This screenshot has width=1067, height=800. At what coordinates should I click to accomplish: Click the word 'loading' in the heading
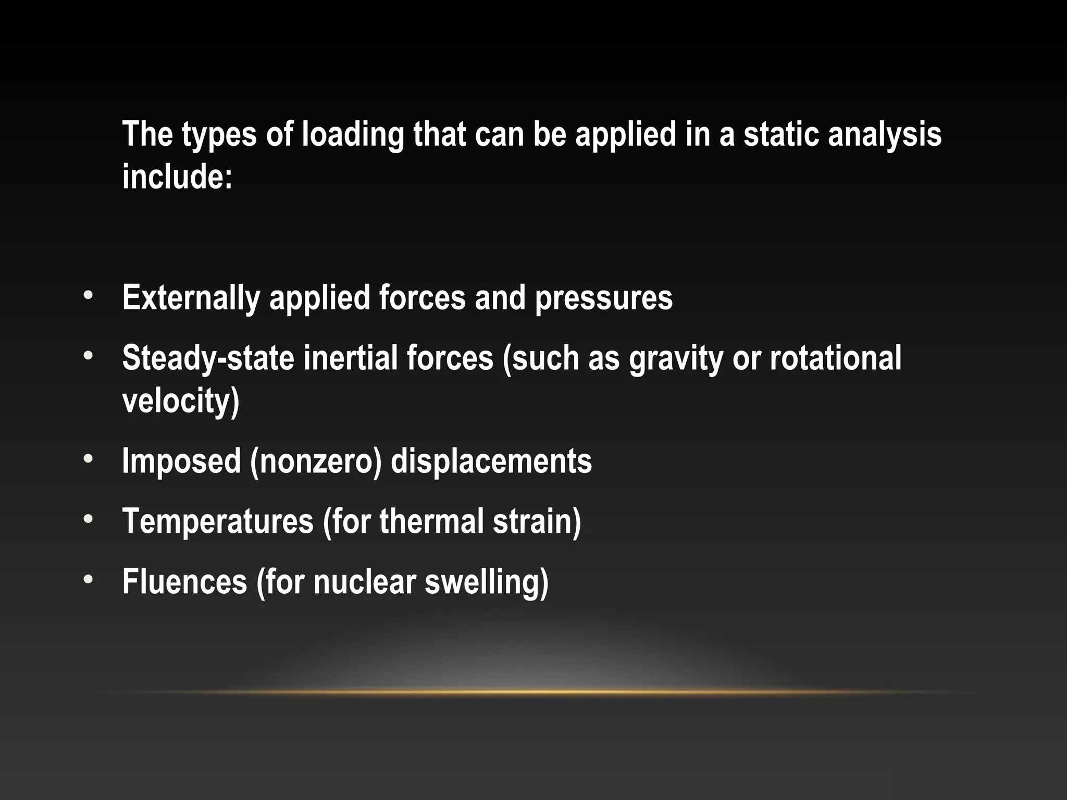[353, 135]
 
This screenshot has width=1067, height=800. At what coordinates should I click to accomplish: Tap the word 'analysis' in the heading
[884, 135]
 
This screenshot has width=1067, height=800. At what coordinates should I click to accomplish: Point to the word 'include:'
[177, 177]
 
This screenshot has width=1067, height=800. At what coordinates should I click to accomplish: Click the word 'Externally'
[191, 298]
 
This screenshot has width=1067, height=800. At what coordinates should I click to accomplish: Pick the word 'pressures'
[603, 299]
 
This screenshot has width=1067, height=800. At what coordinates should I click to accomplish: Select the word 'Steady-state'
[208, 359]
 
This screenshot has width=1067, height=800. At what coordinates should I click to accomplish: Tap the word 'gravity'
[676, 359]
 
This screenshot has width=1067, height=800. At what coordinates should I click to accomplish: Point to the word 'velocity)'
[181, 401]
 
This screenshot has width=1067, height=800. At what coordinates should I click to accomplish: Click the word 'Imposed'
[181, 461]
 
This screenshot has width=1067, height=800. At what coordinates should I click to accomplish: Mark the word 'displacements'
[491, 461]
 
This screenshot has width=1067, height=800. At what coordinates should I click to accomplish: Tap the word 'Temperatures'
[218, 521]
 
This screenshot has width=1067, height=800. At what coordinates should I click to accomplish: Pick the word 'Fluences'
[184, 582]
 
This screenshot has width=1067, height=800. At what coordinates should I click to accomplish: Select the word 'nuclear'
[364, 582]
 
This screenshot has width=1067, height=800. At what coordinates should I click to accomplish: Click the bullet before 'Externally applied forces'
[88, 295]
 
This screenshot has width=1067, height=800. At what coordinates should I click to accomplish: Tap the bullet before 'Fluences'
[88, 579]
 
